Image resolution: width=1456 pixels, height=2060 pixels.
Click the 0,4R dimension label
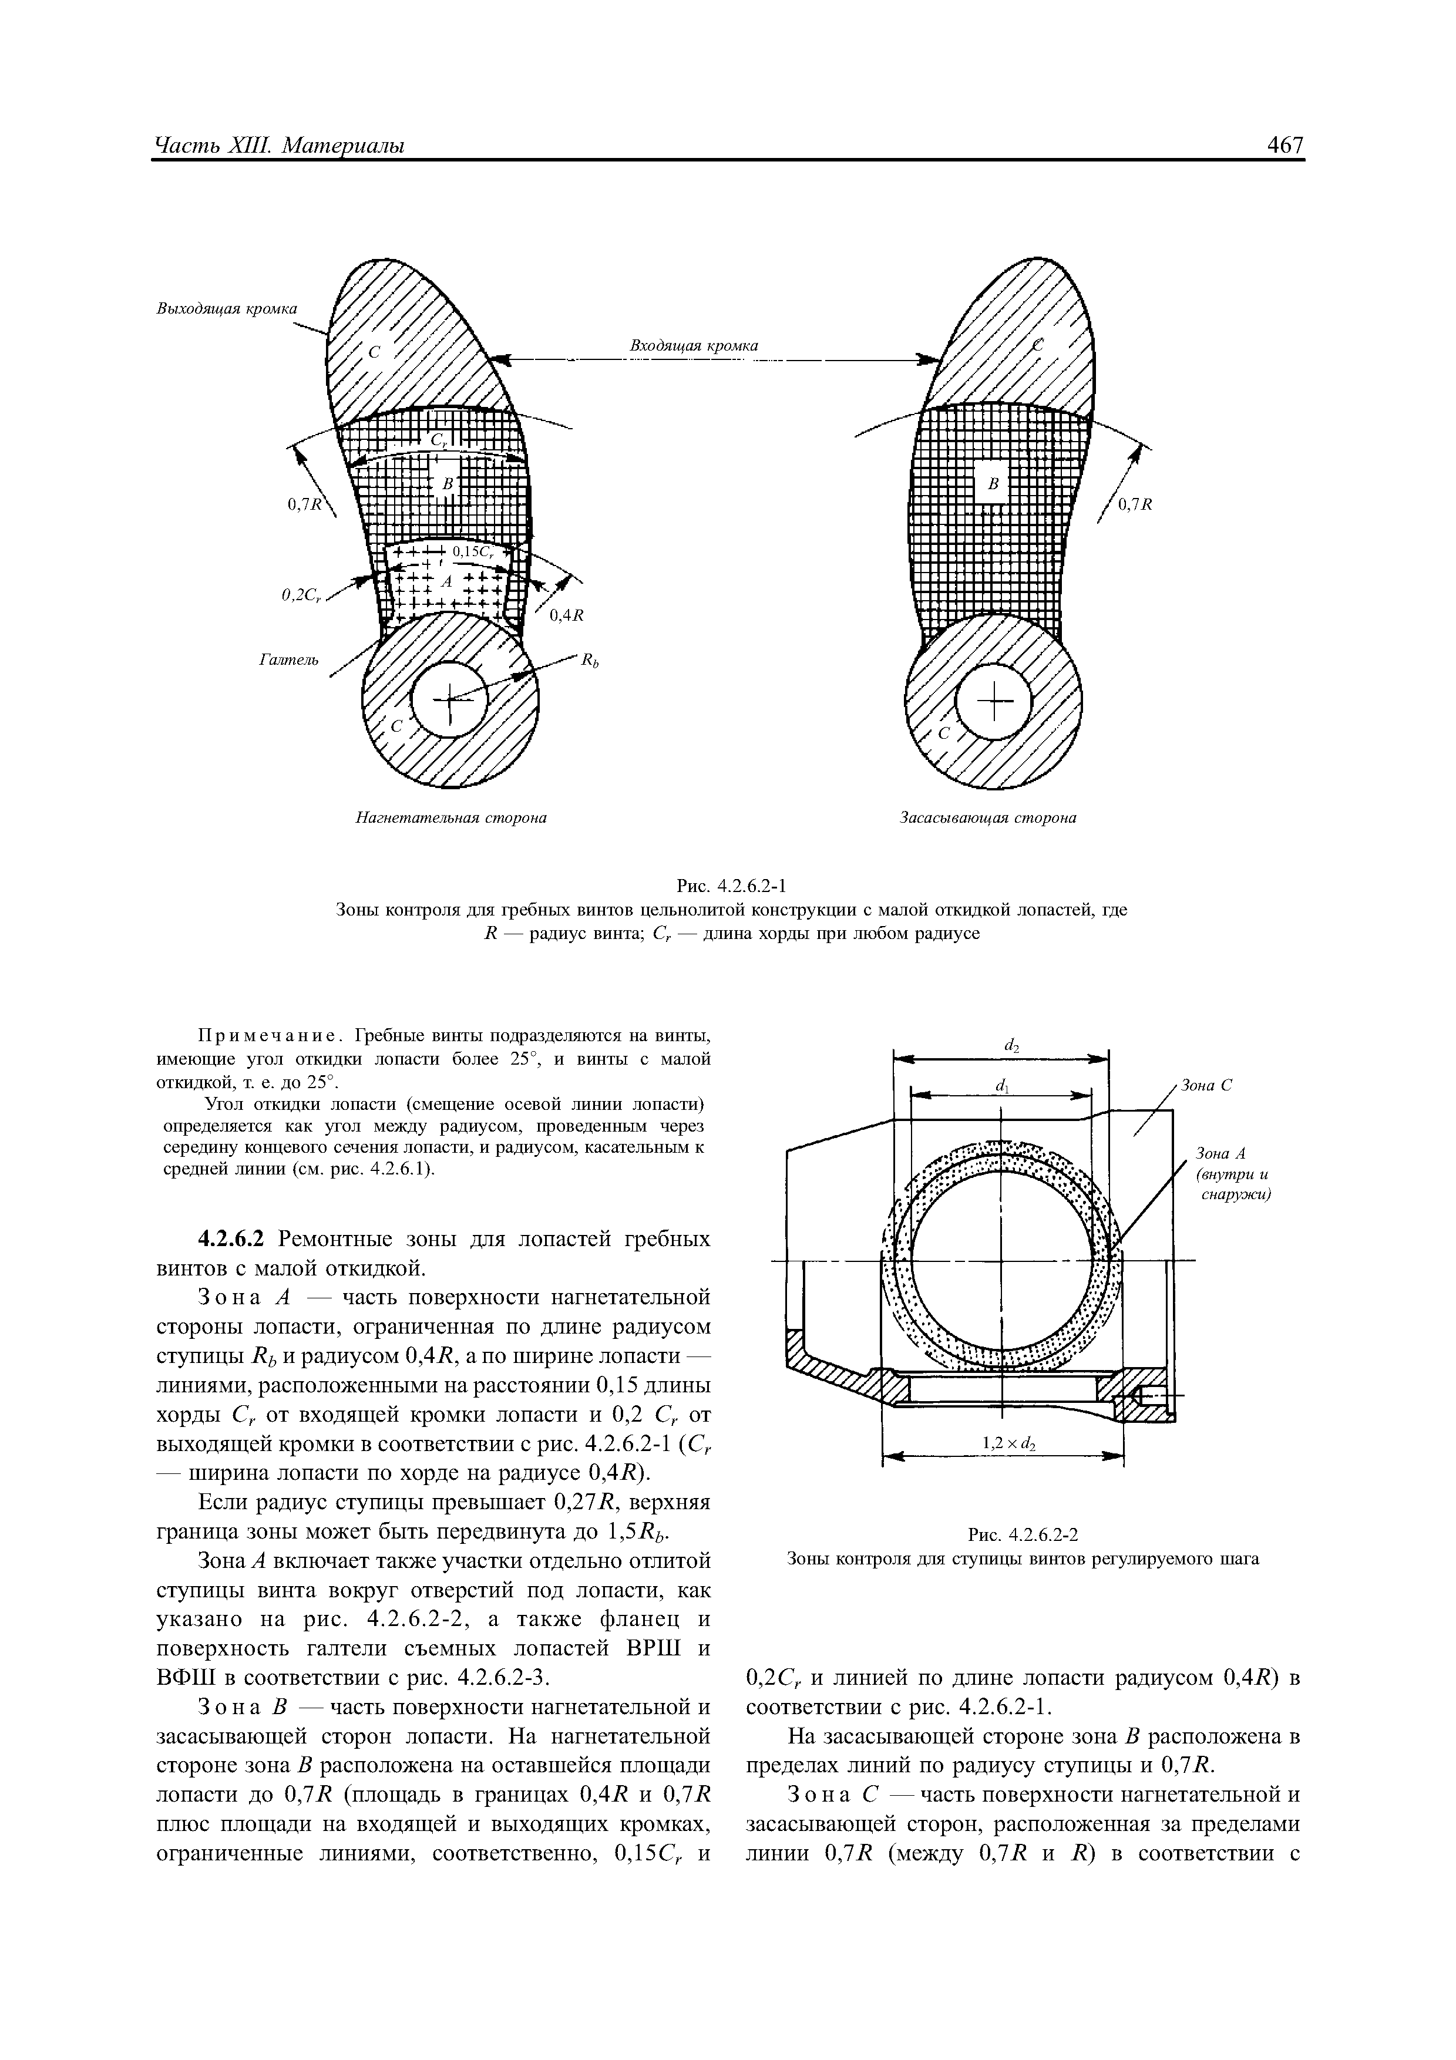(567, 615)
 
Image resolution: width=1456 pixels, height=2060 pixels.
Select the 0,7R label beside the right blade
(1134, 504)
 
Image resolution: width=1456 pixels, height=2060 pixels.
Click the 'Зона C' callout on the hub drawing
(1206, 1085)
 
